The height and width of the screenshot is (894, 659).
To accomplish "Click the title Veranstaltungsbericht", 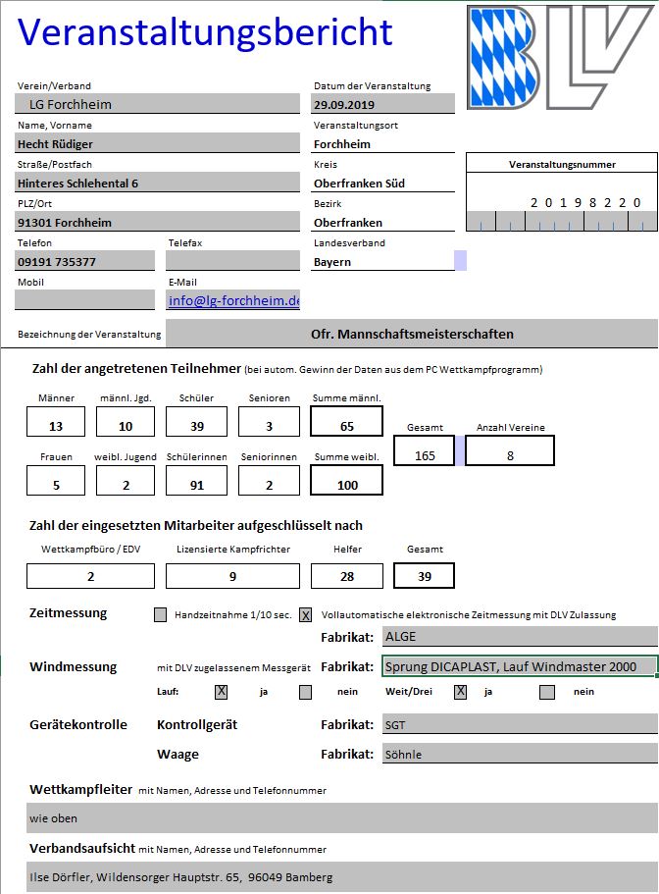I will click(x=205, y=31).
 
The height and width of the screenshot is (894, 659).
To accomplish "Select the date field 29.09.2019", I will click(x=383, y=104).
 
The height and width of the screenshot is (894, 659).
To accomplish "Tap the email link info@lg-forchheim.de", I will click(x=233, y=300).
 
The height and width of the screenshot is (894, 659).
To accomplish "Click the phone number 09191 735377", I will click(x=85, y=261).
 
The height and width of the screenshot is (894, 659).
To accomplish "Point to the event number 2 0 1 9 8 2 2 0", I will click(x=585, y=203).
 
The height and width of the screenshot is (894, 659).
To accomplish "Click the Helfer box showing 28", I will click(x=347, y=576).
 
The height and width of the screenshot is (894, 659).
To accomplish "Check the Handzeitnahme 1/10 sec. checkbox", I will click(x=161, y=615).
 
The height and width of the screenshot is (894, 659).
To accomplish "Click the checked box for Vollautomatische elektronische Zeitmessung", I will click(x=306, y=615).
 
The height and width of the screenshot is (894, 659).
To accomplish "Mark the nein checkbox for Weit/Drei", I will click(x=546, y=691).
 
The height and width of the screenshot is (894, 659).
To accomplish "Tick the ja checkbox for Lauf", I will click(x=221, y=691).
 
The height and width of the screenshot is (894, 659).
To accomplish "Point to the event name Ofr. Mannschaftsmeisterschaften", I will click(x=412, y=334).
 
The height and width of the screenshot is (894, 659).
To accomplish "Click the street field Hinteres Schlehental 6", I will click(x=157, y=183).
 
